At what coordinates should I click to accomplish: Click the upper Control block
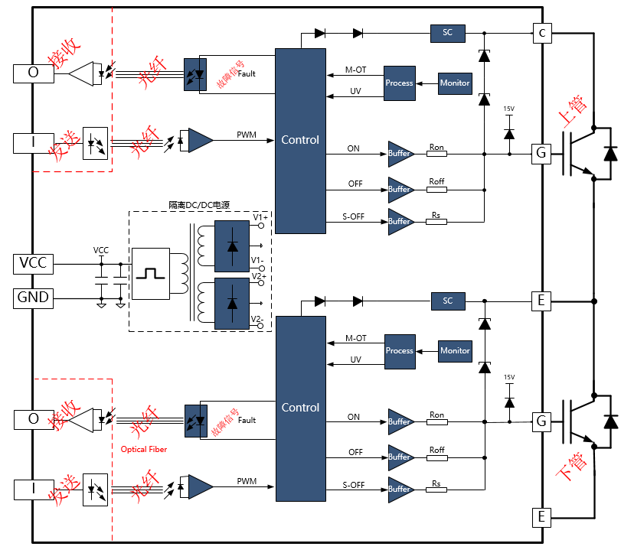tap(300, 140)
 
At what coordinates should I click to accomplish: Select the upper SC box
tap(448, 33)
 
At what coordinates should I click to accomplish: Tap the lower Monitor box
tap(455, 350)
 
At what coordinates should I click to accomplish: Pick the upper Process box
tap(399, 83)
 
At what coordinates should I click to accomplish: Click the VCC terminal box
tap(33, 263)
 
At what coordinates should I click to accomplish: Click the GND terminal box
tap(33, 298)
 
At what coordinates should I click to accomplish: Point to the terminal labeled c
tap(542, 33)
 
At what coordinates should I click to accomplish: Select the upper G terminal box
tap(541, 154)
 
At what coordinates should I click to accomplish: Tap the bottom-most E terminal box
tap(541, 518)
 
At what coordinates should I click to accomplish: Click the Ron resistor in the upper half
tap(436, 154)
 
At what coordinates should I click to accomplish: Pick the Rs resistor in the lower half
tap(436, 490)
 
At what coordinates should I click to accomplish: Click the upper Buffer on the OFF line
tap(400, 189)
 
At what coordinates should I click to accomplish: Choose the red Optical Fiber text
tap(144, 449)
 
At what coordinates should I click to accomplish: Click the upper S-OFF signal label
tap(353, 217)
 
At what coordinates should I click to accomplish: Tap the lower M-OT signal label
tap(356, 338)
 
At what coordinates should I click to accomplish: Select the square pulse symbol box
tap(150, 272)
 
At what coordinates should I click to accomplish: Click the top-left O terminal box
tap(33, 73)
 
